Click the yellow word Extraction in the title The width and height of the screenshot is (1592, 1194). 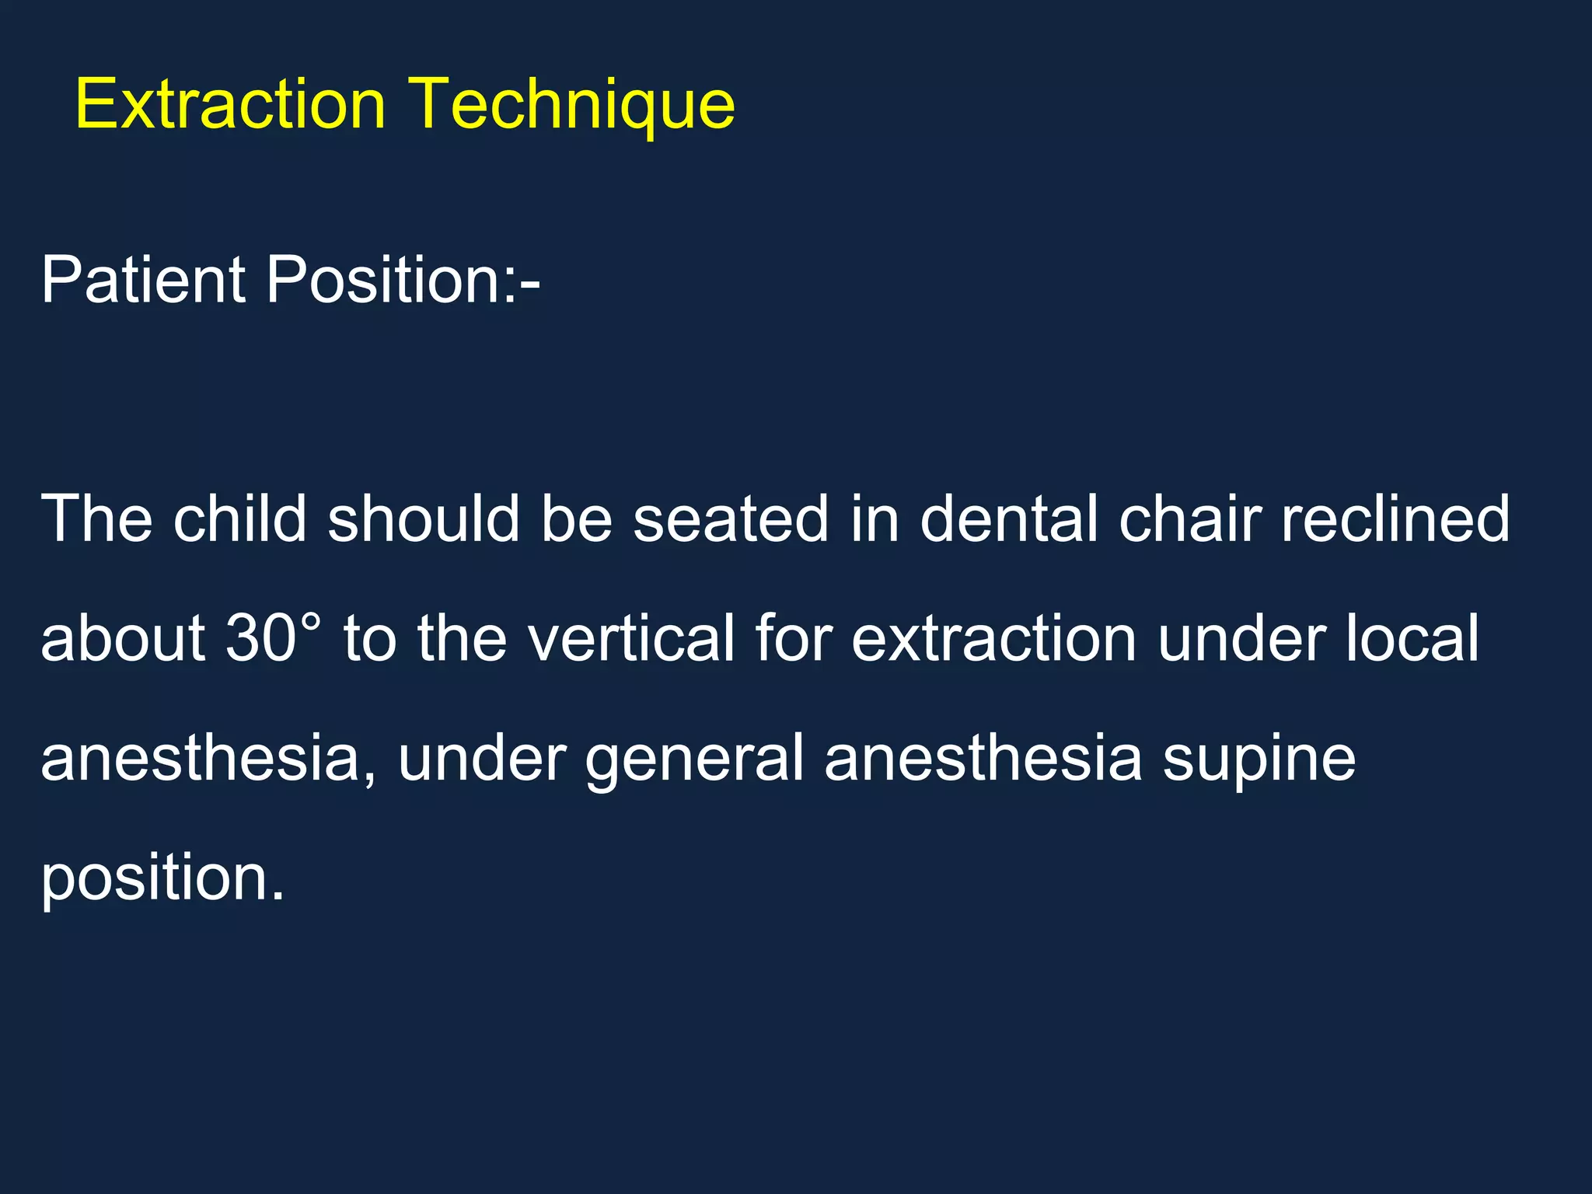[230, 104]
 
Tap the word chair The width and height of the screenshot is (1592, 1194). [1189, 518]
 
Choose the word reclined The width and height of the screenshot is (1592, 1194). [1395, 518]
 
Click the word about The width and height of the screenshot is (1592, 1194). [123, 638]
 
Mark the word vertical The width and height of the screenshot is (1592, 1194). [630, 638]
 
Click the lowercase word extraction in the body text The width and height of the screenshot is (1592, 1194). [994, 638]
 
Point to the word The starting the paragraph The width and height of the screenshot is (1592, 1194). [96, 518]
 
